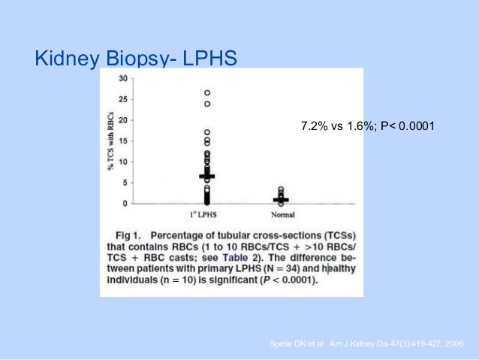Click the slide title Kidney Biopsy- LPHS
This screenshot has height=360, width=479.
[x=136, y=59]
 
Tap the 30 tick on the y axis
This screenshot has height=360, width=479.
[x=122, y=78]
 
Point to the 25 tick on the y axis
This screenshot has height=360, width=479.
[x=122, y=99]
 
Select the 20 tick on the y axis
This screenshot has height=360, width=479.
[x=122, y=120]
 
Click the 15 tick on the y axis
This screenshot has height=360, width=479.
[x=122, y=141]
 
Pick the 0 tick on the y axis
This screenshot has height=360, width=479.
[x=125, y=204]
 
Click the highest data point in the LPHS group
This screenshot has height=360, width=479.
[x=207, y=93]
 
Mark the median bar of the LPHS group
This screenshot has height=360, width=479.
[x=207, y=176]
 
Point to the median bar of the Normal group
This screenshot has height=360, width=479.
[x=281, y=200]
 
